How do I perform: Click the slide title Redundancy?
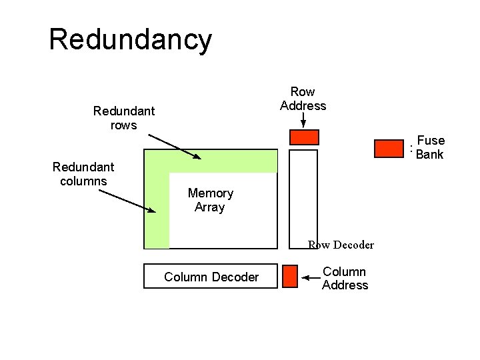(x=130, y=39)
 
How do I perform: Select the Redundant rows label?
(x=124, y=118)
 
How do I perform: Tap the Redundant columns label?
(x=83, y=173)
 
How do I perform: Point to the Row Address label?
(x=303, y=99)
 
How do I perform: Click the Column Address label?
(x=345, y=278)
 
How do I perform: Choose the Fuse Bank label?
(x=430, y=147)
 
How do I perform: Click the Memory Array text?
(x=210, y=200)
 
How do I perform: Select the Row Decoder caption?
(x=341, y=245)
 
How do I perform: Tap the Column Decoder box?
(x=211, y=276)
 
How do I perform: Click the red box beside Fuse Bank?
(x=389, y=149)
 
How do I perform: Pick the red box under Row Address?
(x=304, y=137)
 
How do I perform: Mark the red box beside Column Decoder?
(x=290, y=276)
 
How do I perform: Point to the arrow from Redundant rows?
(x=174, y=146)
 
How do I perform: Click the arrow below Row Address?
(x=303, y=120)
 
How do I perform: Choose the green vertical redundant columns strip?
(x=157, y=213)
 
